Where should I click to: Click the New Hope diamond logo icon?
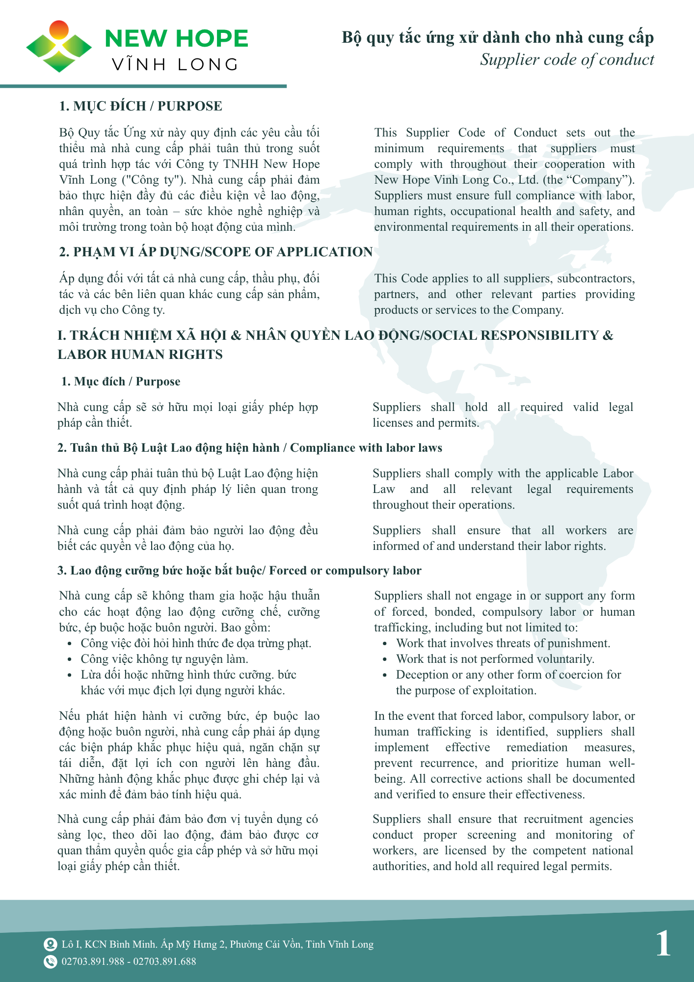[59, 47]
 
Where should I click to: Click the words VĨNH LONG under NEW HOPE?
[175, 65]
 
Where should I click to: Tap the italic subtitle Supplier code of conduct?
[567, 60]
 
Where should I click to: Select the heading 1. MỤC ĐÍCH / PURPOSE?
[140, 106]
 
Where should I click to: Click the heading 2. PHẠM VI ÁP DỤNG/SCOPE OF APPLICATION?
[215, 252]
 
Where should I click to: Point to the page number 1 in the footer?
[663, 943]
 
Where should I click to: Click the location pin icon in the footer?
[50, 944]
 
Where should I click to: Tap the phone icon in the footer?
[50, 961]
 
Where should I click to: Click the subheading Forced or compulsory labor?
[345, 571]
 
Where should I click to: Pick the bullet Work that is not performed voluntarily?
[495, 659]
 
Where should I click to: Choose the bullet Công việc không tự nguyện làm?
[164, 659]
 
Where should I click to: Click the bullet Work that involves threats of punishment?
[503, 643]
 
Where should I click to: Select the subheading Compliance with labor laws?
[366, 448]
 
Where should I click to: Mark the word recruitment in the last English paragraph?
[553, 819]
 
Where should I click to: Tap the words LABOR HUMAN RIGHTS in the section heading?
[140, 355]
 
